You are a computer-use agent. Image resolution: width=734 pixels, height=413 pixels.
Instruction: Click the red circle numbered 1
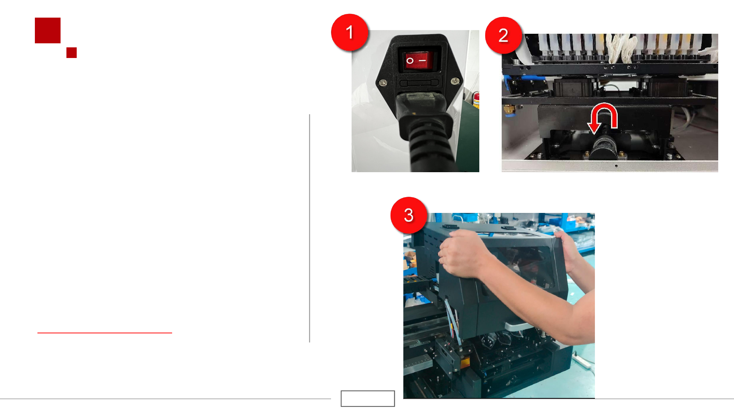350,32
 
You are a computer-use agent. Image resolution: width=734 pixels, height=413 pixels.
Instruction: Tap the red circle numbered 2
504,35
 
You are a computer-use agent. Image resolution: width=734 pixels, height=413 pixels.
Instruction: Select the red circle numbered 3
409,215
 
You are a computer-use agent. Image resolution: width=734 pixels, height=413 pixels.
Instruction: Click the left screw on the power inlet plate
382,83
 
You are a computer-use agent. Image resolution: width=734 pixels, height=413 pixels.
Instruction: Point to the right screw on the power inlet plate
455,81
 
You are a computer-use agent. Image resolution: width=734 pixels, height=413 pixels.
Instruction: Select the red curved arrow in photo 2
603,117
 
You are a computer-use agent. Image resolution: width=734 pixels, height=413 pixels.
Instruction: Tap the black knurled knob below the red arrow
603,147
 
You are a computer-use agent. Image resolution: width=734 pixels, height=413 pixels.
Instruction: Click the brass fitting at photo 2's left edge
509,109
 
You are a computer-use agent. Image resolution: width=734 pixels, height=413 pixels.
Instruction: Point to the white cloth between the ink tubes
620,48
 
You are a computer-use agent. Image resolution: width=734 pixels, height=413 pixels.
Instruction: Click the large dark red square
48,30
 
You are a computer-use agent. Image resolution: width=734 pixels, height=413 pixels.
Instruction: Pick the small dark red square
72,52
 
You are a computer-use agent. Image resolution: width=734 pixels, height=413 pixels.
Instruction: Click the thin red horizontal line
105,333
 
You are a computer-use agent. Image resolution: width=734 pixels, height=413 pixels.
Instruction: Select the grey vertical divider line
310,228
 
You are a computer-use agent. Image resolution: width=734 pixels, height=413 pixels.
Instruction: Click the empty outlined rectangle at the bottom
368,399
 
